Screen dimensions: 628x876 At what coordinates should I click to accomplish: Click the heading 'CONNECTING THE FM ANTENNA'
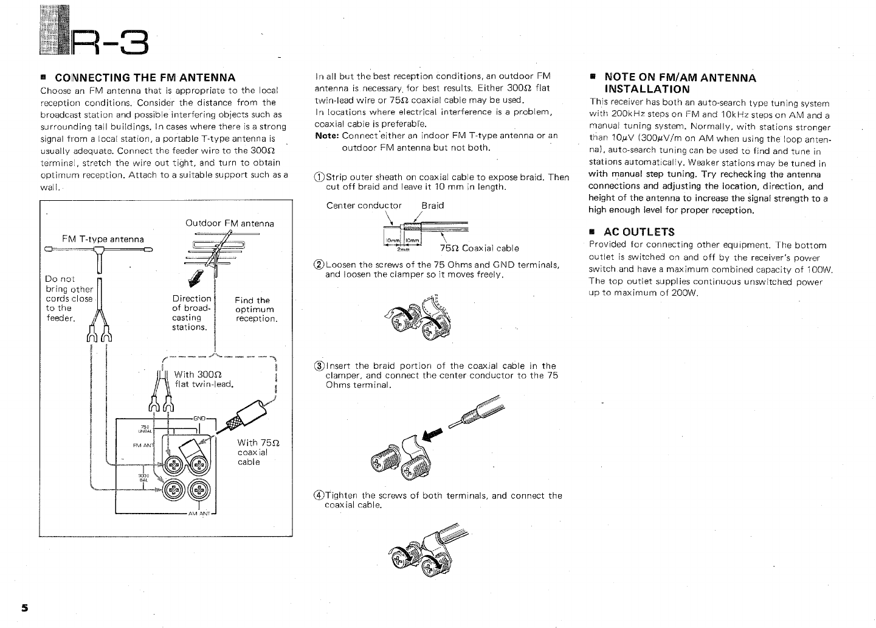(145, 77)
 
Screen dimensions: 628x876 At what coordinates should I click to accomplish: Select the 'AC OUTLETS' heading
(639, 231)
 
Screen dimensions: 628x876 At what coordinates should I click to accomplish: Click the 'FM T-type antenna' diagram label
(103, 239)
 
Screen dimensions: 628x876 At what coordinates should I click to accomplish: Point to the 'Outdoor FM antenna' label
(229, 223)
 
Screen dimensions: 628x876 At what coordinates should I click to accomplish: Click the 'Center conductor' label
(364, 205)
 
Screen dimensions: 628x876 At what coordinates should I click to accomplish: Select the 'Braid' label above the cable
(432, 205)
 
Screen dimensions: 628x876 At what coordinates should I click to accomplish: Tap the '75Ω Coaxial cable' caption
(479, 248)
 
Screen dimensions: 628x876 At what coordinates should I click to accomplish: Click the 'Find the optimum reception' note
(256, 309)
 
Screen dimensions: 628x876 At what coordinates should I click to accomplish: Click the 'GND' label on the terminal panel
(199, 418)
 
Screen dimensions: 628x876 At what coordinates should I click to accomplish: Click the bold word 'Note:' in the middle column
(327, 136)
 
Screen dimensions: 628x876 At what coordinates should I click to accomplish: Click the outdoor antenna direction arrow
(197, 279)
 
